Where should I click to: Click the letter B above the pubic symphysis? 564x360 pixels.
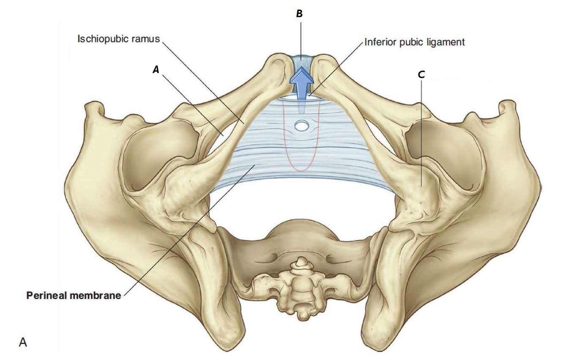[299, 14]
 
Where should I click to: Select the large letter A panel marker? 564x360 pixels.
[23, 342]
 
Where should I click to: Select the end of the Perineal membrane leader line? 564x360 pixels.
[254, 165]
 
